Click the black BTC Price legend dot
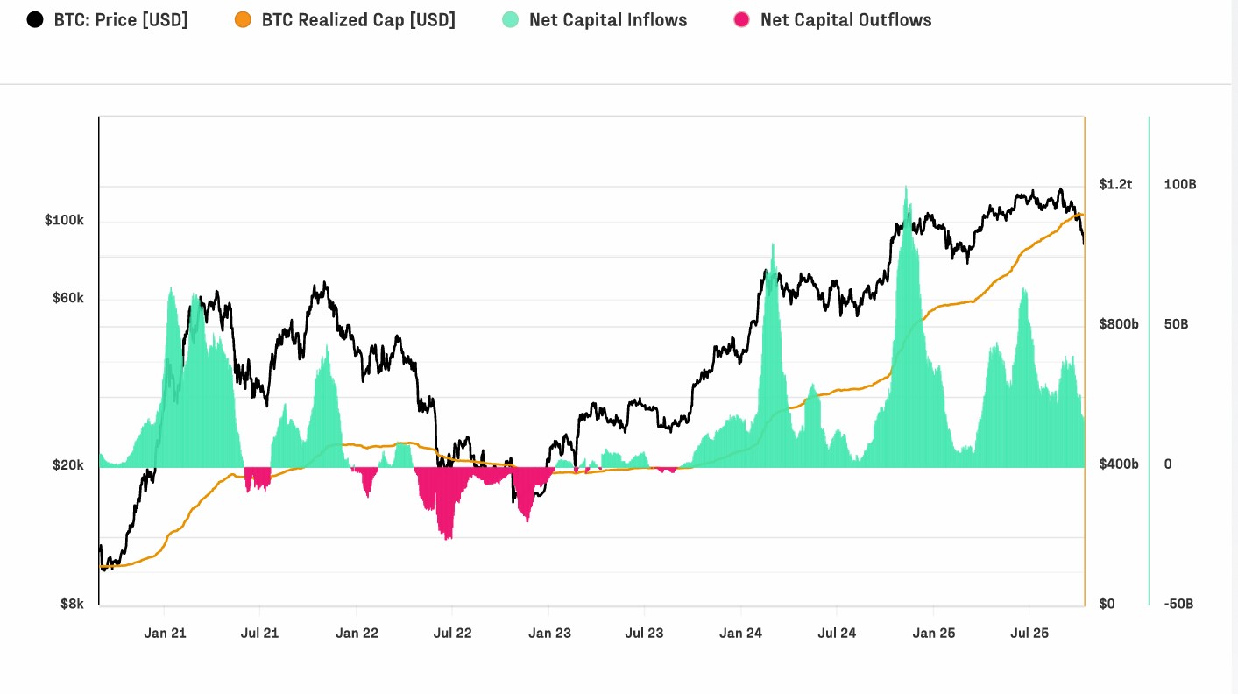[35, 19]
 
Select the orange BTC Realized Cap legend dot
[243, 19]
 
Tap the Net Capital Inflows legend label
[608, 19]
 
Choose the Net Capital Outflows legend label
[845, 19]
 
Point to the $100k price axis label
[64, 220]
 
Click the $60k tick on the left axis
[67, 298]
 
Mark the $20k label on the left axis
[67, 464]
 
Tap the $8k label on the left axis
[72, 604]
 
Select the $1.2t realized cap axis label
[1115, 184]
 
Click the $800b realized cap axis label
[1119, 324]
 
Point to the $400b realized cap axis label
[1119, 464]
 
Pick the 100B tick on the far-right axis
[1179, 184]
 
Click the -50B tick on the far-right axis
[1179, 604]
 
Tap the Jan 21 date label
[166, 633]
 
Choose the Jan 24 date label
[741, 633]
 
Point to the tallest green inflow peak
[906, 188]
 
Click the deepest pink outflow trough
[449, 537]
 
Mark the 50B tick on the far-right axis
[1176, 324]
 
